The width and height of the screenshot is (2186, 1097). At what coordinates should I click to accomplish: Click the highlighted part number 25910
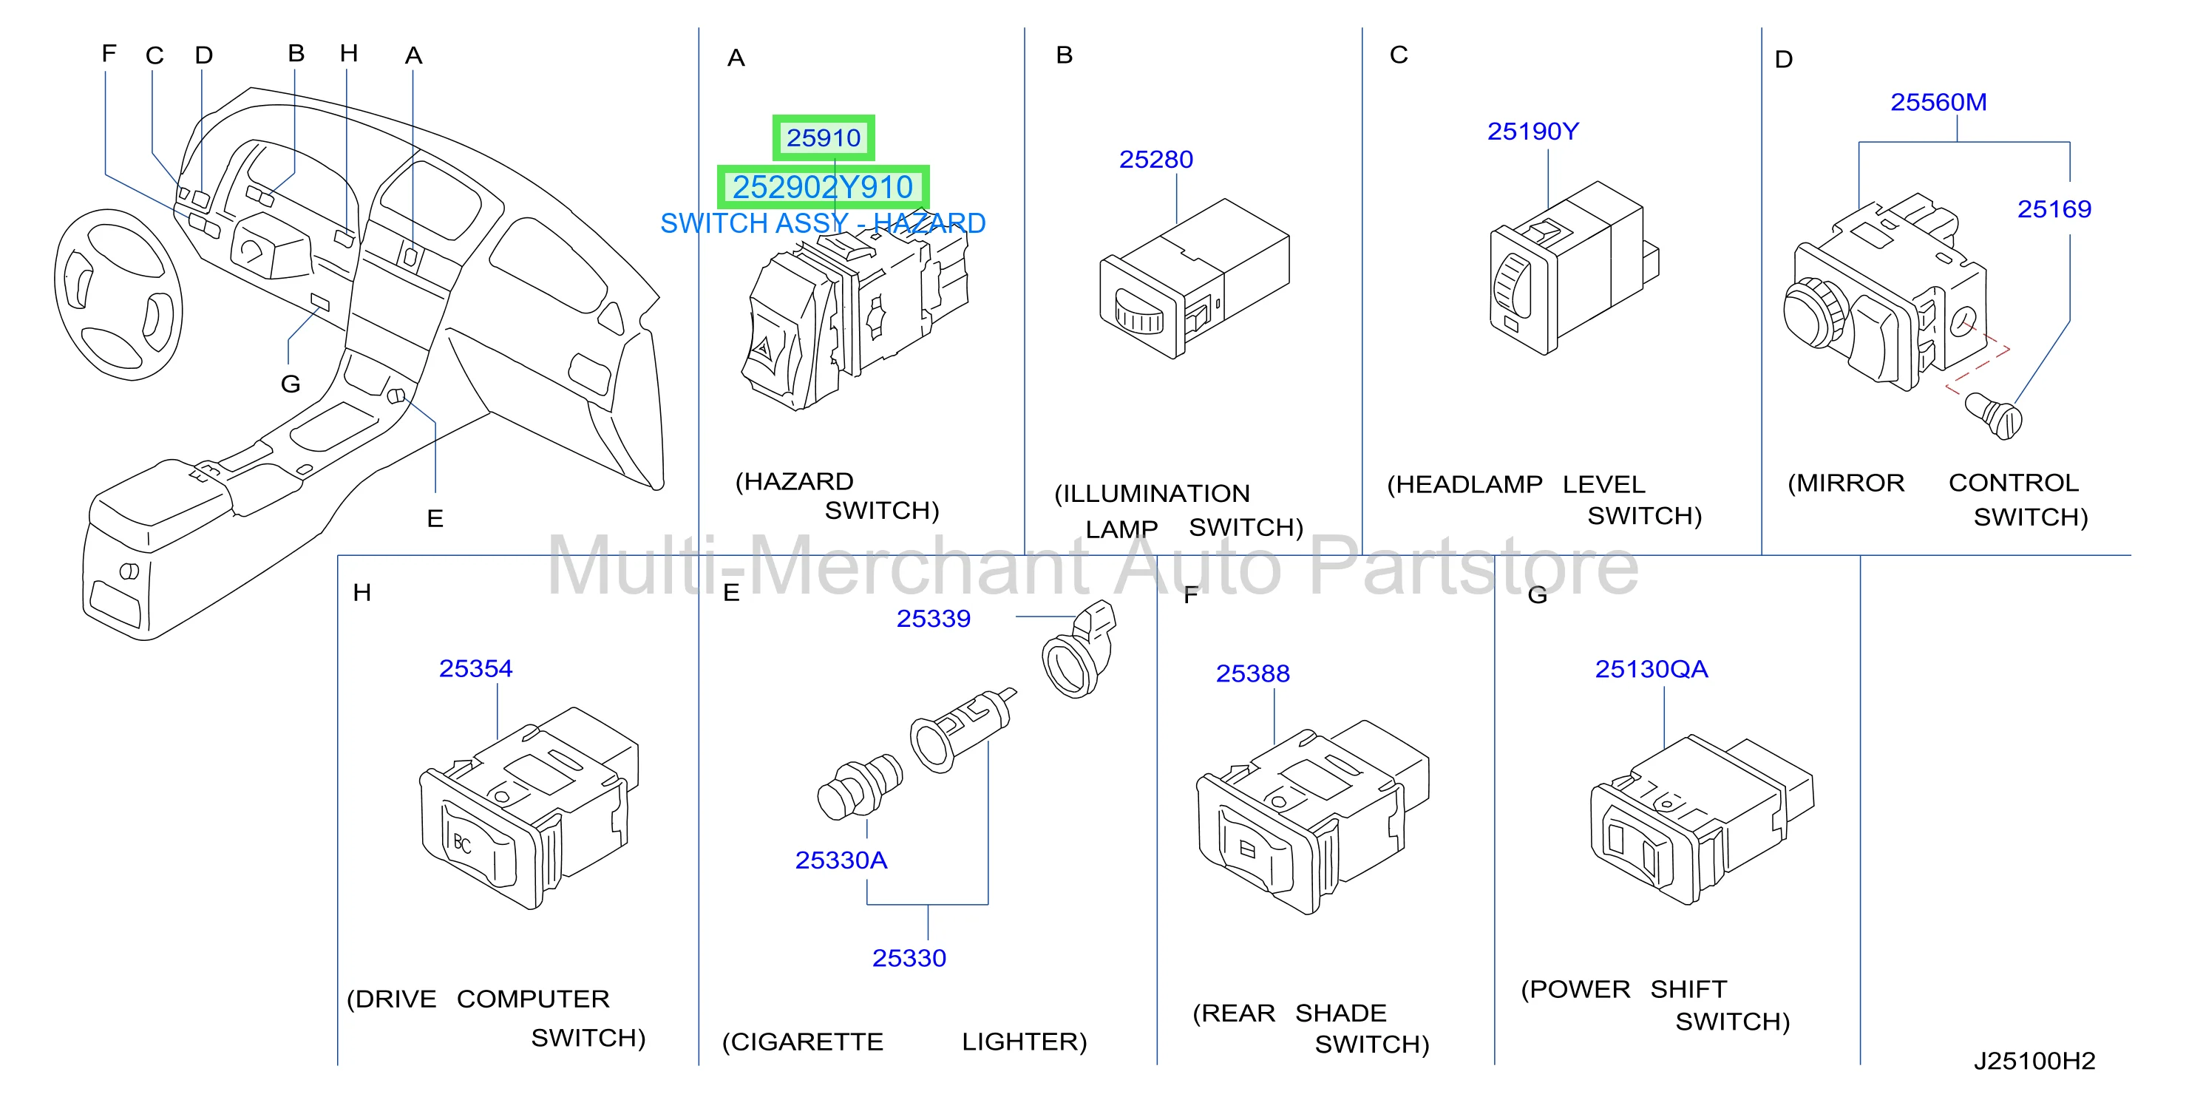(823, 137)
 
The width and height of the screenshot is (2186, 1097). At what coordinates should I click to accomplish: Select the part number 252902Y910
(822, 186)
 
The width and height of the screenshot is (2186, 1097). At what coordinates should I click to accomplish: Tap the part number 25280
(1155, 160)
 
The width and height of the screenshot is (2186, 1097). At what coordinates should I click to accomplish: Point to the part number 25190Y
(1532, 132)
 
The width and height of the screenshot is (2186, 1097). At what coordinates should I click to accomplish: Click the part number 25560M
(1938, 103)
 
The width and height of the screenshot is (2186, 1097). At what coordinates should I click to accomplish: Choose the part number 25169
(2054, 208)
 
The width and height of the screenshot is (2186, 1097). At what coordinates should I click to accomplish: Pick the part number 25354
(475, 668)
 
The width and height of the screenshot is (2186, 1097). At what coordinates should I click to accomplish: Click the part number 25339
(934, 619)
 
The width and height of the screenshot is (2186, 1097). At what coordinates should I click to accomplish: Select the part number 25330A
(841, 860)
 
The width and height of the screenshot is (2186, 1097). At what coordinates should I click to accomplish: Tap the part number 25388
(1252, 673)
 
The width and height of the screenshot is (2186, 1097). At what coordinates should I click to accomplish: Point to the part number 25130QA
(1652, 670)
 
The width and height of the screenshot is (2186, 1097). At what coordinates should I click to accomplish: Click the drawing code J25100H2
(2034, 1061)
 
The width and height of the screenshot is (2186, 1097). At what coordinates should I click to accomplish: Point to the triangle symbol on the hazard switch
(763, 348)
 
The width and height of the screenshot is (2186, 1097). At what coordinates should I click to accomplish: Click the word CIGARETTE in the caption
(803, 1042)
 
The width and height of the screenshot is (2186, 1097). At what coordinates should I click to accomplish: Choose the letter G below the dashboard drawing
(291, 384)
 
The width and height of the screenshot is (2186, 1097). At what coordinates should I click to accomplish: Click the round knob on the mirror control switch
(1813, 312)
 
